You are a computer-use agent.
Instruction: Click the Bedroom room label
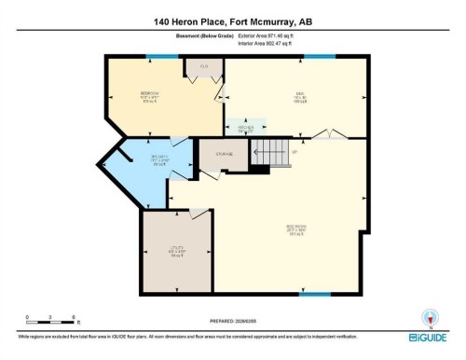tap(149, 94)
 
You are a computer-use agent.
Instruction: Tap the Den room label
tap(300, 94)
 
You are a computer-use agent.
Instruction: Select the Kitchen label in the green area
tap(245, 130)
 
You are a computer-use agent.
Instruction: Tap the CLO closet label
tap(202, 67)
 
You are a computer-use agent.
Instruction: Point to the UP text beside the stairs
tap(294, 151)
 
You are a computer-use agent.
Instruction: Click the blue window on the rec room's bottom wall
tap(314, 294)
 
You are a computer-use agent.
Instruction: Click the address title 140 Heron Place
tap(232, 21)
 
